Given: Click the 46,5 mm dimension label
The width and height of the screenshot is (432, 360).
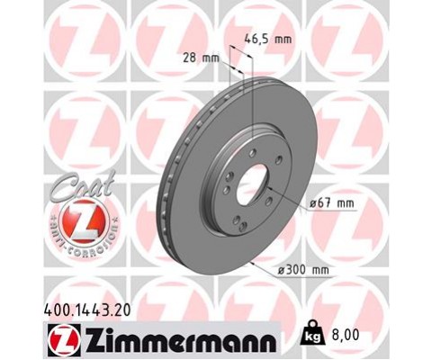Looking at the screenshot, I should (x=269, y=40).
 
